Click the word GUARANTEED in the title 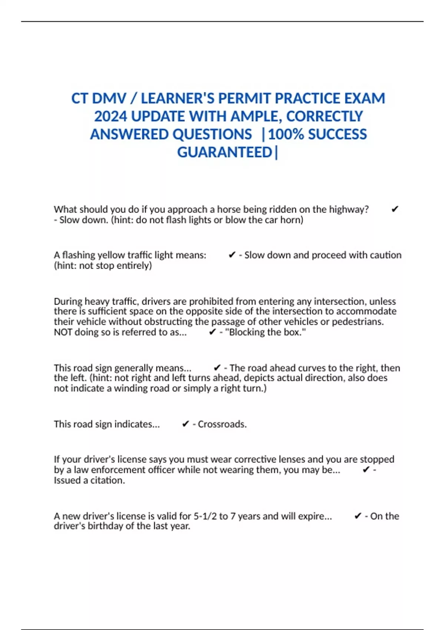225,152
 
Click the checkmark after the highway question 395,209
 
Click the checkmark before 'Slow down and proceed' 232,255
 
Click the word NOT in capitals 63,332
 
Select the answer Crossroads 222,424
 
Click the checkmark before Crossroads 186,424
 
